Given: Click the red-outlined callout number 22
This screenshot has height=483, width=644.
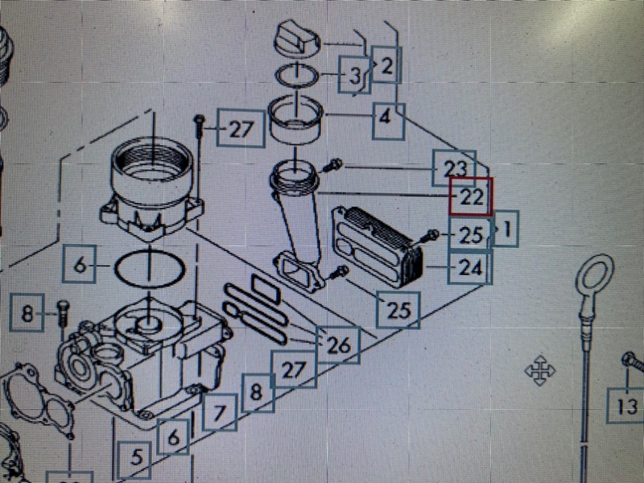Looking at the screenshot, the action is pos(471,196).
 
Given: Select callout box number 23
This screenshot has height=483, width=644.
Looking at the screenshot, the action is pos(454,168).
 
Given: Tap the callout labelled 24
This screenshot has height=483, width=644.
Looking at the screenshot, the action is pos(470,268).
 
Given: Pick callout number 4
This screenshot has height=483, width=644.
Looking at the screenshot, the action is pos(389,122).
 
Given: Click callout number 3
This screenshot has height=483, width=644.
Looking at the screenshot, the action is pos(354,75).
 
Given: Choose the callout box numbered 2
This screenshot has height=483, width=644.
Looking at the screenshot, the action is pos(386,65).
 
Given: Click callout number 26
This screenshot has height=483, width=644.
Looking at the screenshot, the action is pos(338,345).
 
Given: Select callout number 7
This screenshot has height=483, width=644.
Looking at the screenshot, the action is pos(220,412).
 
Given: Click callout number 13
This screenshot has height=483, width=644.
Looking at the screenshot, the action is pos(625,406).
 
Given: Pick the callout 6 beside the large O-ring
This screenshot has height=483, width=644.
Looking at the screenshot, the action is pos(80,264).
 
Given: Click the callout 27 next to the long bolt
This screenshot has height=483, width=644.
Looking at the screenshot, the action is pos(241,129).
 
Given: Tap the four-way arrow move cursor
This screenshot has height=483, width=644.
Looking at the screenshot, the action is pos(540,370).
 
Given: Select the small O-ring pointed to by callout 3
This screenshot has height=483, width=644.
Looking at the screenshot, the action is pos(297,75).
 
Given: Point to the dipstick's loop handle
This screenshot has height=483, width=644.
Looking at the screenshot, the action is pos(595,275).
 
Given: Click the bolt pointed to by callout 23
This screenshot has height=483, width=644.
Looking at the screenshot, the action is pos(332,166).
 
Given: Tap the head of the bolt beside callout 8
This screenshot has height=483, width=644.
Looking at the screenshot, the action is pos(63,305).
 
